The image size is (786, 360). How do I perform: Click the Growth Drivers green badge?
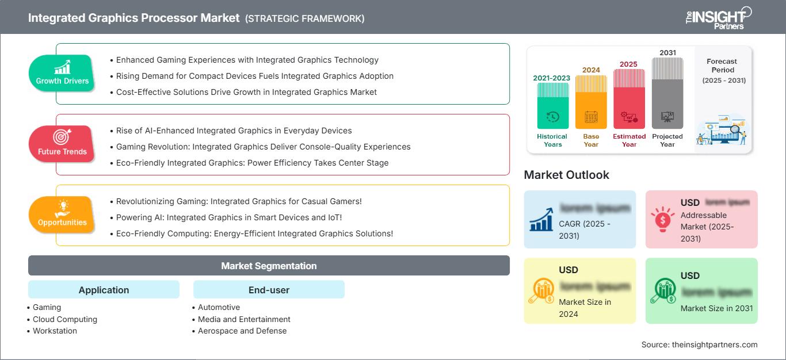point(62,74)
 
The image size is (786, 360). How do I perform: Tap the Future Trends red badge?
point(62,144)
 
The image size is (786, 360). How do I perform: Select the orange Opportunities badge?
point(62,215)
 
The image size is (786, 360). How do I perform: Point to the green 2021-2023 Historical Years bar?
point(552,106)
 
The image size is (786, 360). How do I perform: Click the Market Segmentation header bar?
point(269,266)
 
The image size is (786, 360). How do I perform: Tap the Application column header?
point(104,290)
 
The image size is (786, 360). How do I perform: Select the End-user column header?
point(269,290)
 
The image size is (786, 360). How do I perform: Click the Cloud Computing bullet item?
point(64,319)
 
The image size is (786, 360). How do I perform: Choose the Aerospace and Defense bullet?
point(242,331)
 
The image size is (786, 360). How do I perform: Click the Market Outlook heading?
point(566,175)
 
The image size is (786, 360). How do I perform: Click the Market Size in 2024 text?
point(585,308)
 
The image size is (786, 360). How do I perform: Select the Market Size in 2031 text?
point(716,308)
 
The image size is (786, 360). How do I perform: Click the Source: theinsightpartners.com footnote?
point(699,344)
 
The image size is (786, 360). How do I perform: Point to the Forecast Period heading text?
point(722,65)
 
